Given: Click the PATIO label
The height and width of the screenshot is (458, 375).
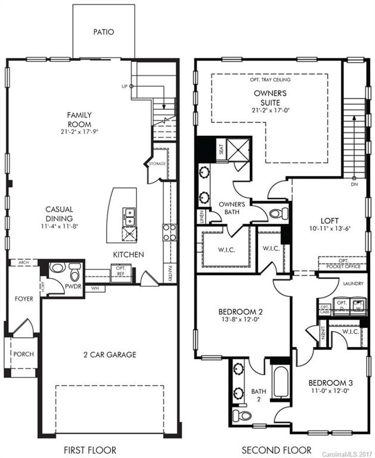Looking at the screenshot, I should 103,32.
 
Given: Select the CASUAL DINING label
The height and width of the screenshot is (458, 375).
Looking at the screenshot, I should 60,213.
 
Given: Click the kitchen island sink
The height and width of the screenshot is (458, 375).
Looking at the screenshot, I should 128,213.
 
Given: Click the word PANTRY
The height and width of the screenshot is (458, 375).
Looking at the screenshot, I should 171,273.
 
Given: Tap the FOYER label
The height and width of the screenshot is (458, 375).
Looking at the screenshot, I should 24,299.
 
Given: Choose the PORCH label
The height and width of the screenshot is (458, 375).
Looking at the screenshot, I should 24,354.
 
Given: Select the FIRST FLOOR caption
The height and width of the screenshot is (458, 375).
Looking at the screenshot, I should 91,450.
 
